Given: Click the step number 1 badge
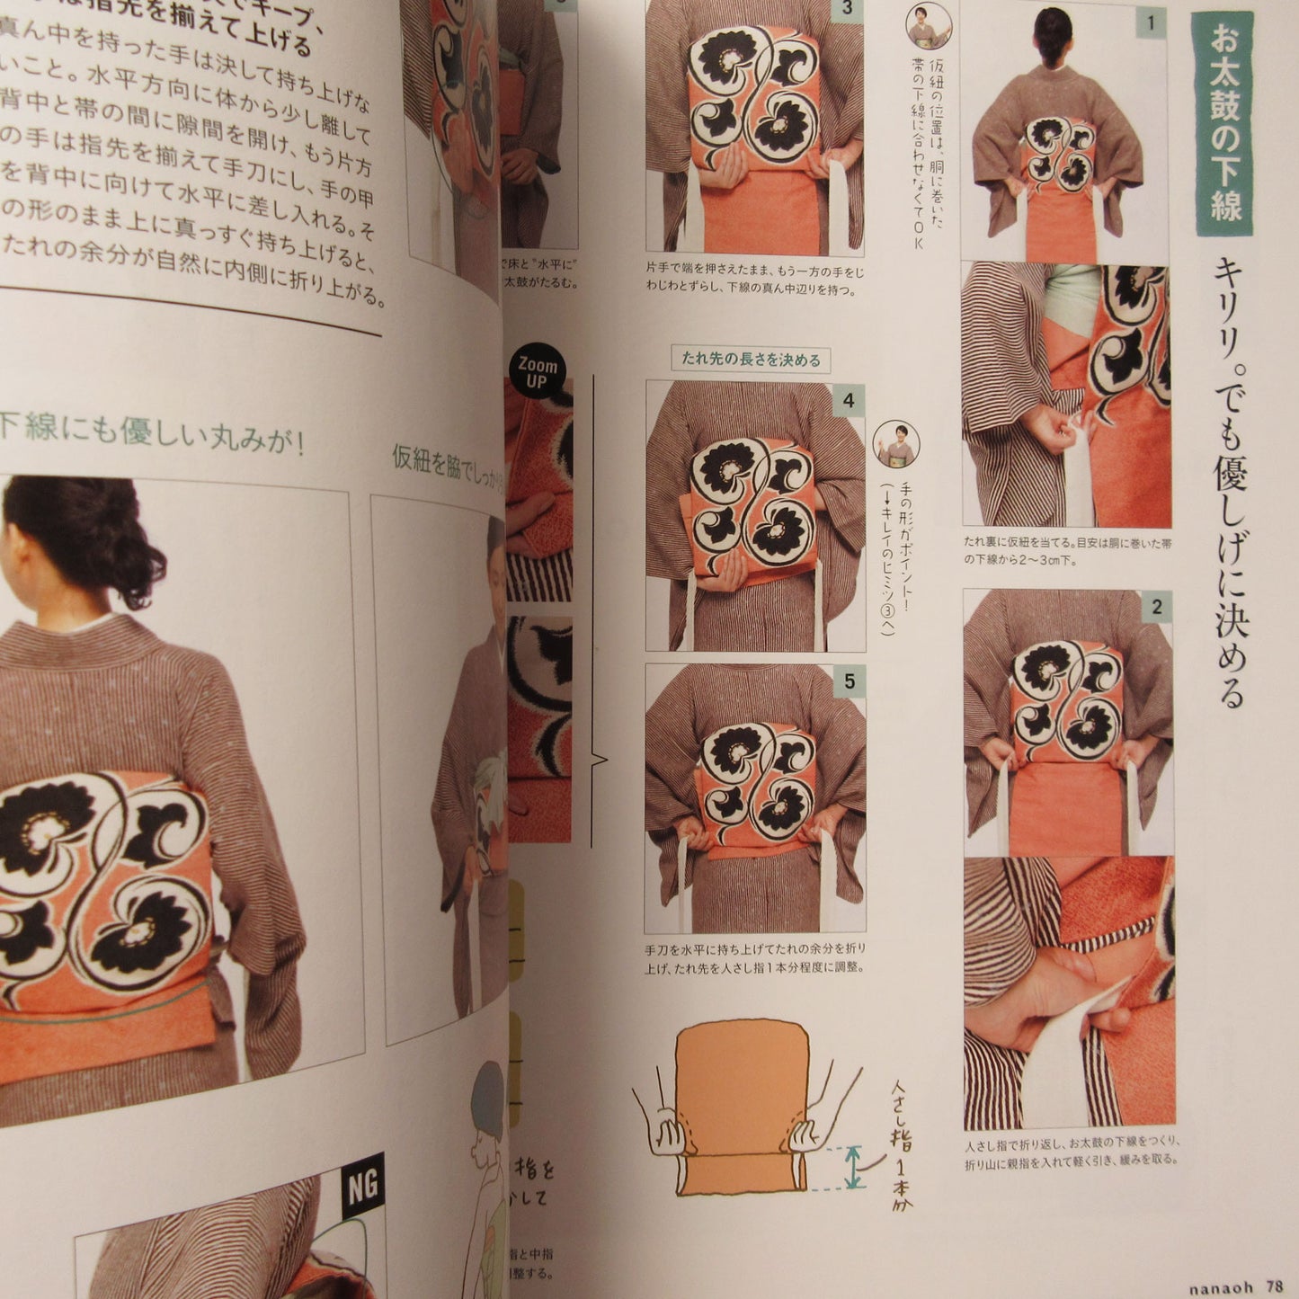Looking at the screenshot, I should [1151, 23].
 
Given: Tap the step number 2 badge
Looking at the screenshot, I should [1157, 608].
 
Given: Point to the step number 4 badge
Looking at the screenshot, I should [848, 400].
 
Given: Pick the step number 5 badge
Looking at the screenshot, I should [849, 682].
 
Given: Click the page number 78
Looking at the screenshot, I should [1274, 1286].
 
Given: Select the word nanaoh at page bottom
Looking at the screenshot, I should [1220, 1287].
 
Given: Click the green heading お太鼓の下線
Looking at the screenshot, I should [1224, 126].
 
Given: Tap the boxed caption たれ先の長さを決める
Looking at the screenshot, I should [751, 360].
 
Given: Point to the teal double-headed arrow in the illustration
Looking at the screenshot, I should [851, 1168].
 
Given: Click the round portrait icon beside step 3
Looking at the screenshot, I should [928, 25].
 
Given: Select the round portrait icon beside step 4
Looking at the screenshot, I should [895, 443].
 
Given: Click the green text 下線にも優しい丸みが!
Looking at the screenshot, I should [153, 433].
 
